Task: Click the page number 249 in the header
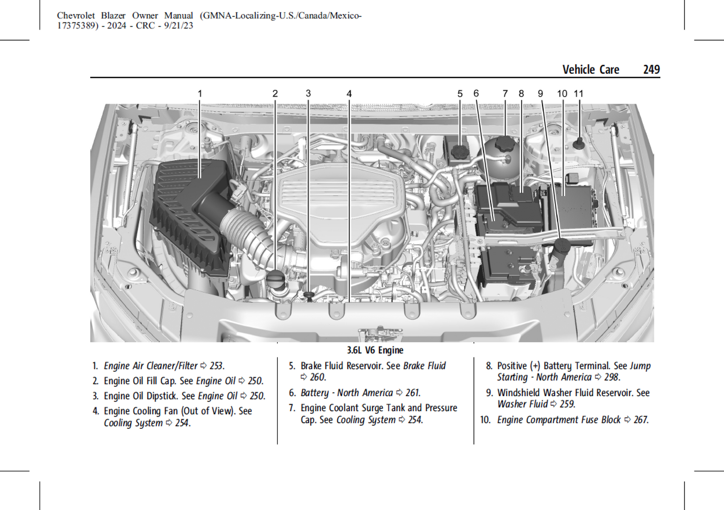coord(651,70)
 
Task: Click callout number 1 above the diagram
coord(200,94)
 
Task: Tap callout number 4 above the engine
coord(349,94)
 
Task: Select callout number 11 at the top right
coord(579,94)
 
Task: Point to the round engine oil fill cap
coord(275,277)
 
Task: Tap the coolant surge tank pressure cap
coord(504,144)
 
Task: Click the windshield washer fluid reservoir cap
coord(562,245)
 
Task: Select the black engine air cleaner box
coord(190,216)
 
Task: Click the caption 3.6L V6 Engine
coord(375,350)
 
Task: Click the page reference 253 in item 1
coord(216,366)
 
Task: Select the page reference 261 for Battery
coord(412,393)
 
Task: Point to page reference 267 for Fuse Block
coord(640,420)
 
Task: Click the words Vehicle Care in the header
coord(590,70)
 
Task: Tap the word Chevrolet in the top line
coord(76,16)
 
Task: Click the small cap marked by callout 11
coord(579,143)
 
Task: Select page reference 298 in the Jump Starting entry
coord(611,378)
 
